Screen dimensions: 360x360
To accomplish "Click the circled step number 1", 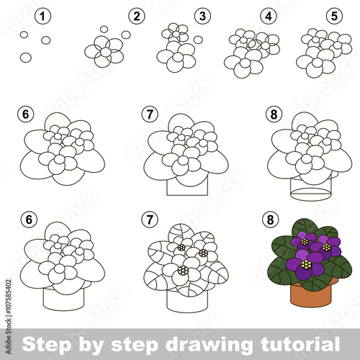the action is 42,17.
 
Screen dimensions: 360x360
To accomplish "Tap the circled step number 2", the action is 137,17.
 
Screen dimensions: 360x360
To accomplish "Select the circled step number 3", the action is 202,17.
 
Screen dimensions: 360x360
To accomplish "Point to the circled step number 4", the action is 269,17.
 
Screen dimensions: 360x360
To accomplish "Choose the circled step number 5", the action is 334,17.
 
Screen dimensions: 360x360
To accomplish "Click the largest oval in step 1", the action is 26,58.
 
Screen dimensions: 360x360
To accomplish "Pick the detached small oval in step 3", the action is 198,40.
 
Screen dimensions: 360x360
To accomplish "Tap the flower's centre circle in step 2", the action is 106,52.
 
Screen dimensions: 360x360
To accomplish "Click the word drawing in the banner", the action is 209,344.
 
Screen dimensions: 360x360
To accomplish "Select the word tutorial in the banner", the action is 300,344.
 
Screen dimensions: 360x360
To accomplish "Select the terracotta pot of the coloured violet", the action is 311,294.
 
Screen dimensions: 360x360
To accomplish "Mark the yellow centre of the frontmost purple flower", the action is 306,264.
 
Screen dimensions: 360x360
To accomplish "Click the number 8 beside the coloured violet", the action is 270,220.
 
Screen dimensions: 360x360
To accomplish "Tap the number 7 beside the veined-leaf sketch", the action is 150,220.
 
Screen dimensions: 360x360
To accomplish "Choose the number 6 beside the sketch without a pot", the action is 26,114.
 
